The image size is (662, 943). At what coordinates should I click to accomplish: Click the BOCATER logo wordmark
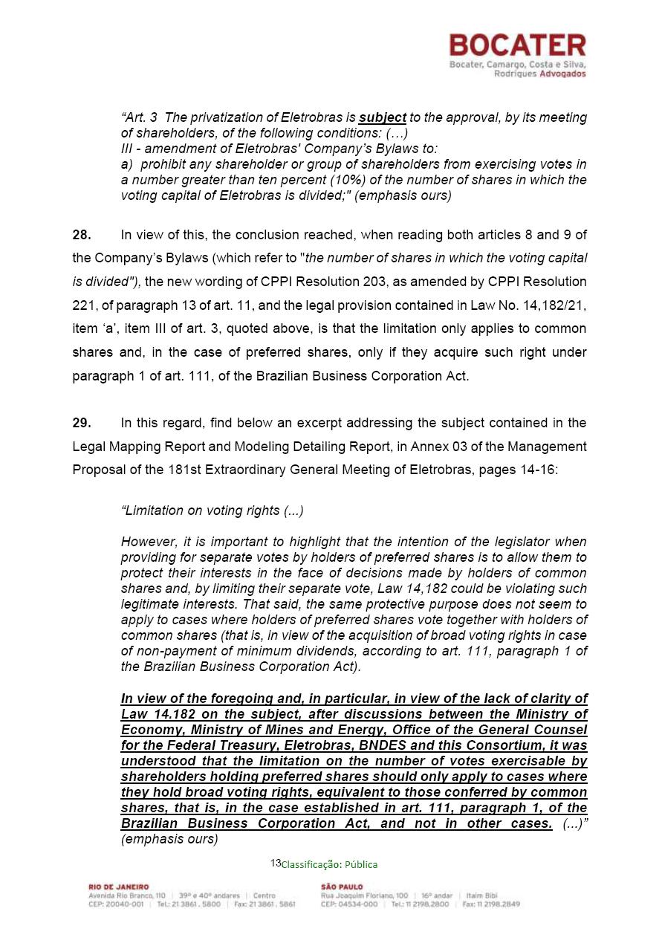coord(517,46)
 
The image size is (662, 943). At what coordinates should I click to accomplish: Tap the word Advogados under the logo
coord(561,74)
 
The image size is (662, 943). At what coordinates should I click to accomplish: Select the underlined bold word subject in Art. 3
coord(382,117)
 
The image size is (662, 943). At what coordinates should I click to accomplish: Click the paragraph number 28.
coord(82,235)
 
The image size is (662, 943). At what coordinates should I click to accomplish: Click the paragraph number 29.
coord(82,423)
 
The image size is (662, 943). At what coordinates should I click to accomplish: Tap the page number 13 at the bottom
coord(276,863)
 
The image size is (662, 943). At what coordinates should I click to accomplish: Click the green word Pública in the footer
coord(361,864)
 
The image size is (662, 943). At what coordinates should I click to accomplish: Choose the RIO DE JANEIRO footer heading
coord(119,887)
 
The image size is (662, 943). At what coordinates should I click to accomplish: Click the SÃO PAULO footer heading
coord(343,887)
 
